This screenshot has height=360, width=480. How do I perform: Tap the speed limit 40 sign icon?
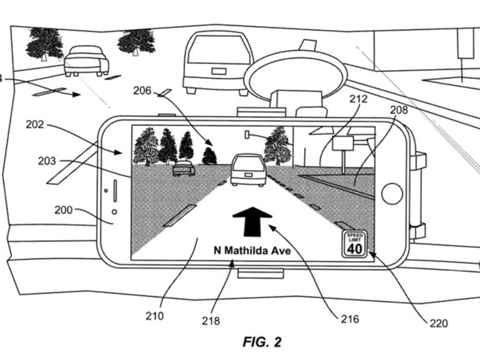click(x=354, y=244)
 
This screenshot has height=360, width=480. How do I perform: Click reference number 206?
click(x=142, y=91)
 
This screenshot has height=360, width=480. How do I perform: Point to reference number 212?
click(x=358, y=99)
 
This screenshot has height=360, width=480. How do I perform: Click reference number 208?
click(x=398, y=110)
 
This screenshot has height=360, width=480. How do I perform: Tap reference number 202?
click(x=35, y=124)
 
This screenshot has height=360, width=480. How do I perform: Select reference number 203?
click(x=47, y=161)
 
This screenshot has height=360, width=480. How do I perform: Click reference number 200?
click(x=64, y=210)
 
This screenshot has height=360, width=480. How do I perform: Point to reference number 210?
click(x=154, y=316)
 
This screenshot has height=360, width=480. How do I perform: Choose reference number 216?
click(x=350, y=319)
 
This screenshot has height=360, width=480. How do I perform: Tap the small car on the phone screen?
click(x=183, y=168)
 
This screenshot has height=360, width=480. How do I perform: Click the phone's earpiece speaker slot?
click(x=115, y=194)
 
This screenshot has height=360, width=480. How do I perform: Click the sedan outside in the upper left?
click(x=86, y=60)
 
